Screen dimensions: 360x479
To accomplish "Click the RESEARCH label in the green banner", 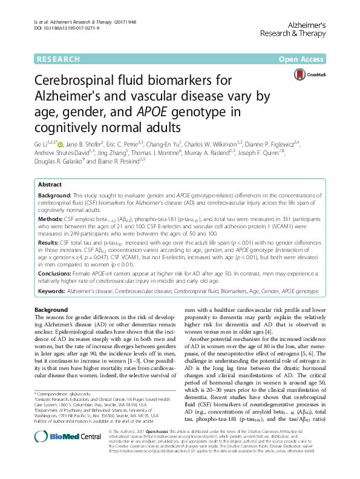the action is (x=58, y=59).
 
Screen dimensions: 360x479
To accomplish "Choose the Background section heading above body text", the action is (x=53, y=309).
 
